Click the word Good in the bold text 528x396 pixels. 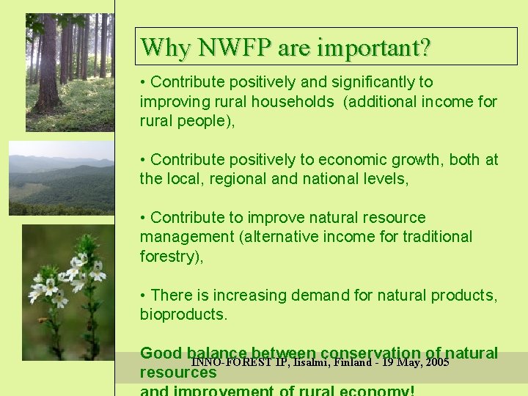tap(161, 353)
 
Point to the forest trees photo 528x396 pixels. tap(69, 72)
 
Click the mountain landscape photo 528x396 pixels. tap(61, 177)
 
